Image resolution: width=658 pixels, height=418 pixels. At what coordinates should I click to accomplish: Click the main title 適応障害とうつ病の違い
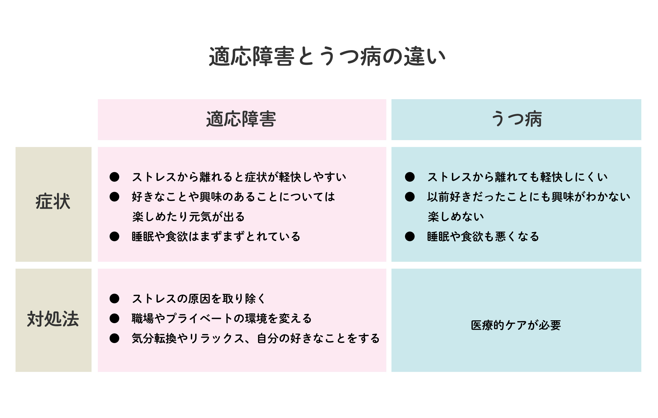327,57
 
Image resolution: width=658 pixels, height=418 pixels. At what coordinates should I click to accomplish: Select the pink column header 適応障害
241,119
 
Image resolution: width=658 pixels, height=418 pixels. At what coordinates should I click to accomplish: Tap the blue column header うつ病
516,119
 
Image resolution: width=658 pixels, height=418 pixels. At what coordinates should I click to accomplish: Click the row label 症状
53,202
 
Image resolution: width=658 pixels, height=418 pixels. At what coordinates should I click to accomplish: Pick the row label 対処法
53,319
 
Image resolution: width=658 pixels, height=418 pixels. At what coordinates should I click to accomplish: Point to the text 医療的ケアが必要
516,325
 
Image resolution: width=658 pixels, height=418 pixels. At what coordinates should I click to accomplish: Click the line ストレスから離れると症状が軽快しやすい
239,177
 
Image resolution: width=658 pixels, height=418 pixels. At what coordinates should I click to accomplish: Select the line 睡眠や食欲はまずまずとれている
216,237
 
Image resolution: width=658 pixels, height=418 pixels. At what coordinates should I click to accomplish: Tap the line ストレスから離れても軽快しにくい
517,177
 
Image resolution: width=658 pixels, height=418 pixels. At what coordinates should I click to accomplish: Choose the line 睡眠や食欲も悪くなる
483,237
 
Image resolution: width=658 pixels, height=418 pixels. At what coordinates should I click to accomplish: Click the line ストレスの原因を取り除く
198,299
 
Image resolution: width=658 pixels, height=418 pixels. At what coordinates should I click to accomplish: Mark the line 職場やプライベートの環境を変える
222,319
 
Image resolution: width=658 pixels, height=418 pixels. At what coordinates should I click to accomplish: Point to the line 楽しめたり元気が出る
188,217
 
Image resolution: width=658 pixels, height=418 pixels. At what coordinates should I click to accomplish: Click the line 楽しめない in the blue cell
456,217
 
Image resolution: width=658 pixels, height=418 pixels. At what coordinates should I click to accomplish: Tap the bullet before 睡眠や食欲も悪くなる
410,236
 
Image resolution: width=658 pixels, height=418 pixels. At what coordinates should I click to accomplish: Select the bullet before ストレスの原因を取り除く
114,298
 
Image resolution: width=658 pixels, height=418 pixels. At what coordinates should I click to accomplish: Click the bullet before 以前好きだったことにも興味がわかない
410,197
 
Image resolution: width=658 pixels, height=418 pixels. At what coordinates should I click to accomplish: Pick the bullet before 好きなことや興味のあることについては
114,197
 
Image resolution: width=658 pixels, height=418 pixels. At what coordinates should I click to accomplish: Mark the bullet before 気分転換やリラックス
114,338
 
